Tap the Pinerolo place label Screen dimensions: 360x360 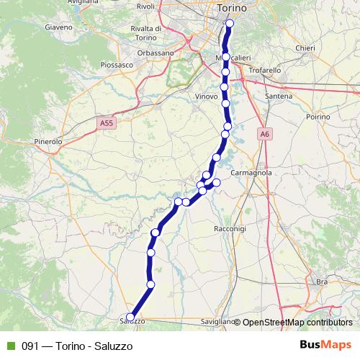point(49,142)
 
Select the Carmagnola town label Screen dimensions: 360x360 point(251,174)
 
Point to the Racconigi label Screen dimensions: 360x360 point(230,228)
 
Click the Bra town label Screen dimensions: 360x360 point(322,282)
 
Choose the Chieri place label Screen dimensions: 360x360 point(306,48)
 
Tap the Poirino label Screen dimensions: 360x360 point(317,115)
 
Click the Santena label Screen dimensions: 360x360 point(278,96)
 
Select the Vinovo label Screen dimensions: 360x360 point(206,96)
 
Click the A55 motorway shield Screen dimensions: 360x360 point(107,124)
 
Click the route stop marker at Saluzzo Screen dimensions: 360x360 point(130,317)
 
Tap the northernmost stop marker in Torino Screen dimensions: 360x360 point(230,24)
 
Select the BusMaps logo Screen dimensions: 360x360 point(325,346)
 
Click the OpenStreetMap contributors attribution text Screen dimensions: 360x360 point(297,323)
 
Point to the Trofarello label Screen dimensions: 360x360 point(264,71)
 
